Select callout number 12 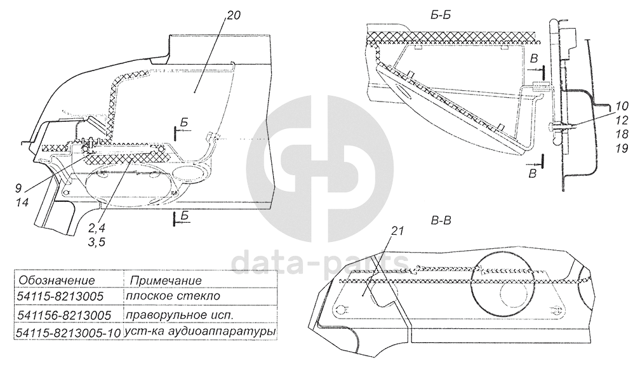(x=622, y=119)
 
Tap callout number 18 (x=622, y=134)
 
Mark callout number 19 (x=622, y=148)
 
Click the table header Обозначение (x=57, y=280)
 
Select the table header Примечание (x=166, y=280)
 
